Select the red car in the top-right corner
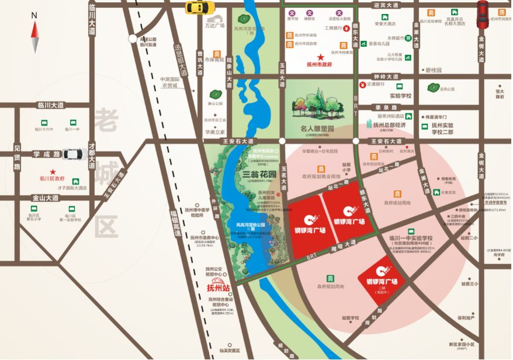click(x=483, y=15)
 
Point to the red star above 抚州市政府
click(x=319, y=57)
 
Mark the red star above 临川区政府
click(x=53, y=171)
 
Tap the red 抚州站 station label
click(x=219, y=288)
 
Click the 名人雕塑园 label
click(x=317, y=127)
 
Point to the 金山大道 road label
click(x=45, y=198)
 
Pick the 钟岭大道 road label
click(x=386, y=76)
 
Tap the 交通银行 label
click(x=378, y=84)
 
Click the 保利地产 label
click(x=466, y=318)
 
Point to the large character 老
click(x=108, y=121)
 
